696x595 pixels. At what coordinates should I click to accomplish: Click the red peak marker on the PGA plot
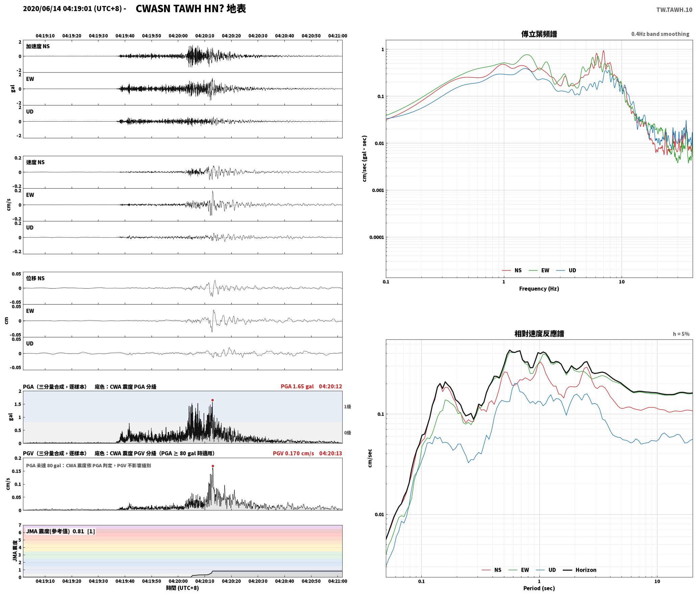tap(212, 400)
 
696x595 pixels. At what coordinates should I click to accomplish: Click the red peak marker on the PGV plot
tap(213, 466)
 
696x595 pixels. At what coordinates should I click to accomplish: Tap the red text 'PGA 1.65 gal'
tap(297, 386)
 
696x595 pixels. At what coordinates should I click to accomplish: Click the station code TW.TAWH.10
tap(674, 10)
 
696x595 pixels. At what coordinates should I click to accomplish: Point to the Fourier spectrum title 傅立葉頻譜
tap(539, 34)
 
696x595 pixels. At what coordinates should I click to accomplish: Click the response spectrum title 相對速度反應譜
tap(539, 334)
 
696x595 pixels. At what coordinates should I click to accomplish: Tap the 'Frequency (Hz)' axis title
tap(539, 288)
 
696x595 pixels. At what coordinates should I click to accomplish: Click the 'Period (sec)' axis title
tap(539, 588)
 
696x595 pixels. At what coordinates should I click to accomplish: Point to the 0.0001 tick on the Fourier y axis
tap(377, 237)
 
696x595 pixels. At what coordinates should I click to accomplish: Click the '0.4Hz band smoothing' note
tap(660, 34)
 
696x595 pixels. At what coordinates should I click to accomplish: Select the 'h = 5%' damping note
tap(681, 334)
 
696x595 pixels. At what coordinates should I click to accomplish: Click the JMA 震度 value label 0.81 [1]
tap(84, 531)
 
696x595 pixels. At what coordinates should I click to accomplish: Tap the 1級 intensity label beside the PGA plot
tap(347, 406)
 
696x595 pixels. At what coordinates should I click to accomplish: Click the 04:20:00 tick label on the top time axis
tap(178, 35)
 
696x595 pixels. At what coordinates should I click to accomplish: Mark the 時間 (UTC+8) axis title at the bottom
tap(183, 588)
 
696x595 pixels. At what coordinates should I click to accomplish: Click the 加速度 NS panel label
tap(38, 46)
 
